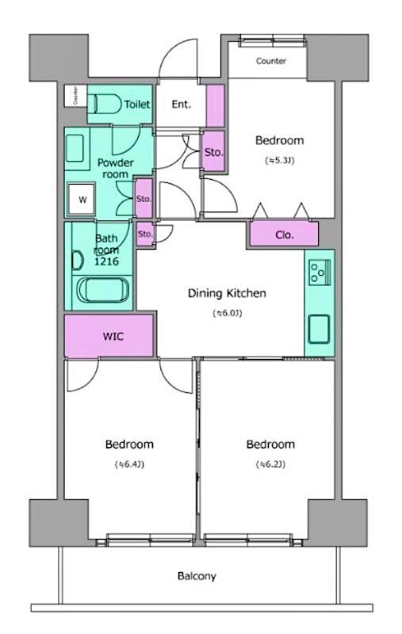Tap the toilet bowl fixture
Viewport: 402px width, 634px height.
tap(103, 104)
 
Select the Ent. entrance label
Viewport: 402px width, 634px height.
tap(181, 104)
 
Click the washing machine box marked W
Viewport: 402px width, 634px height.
tap(82, 200)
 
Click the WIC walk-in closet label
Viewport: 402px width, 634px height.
tap(113, 335)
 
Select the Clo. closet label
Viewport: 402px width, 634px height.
tap(285, 235)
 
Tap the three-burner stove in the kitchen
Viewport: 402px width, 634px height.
tap(319, 272)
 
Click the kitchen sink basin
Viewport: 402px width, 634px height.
tap(319, 327)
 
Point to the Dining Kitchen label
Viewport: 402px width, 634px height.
tap(227, 293)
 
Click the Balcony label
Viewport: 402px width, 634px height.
tap(197, 576)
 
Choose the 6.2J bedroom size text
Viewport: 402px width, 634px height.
tap(270, 464)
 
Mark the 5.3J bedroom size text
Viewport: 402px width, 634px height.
tap(279, 160)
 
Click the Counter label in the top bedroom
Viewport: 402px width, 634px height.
tap(270, 61)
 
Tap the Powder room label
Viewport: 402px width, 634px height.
tap(115, 168)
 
